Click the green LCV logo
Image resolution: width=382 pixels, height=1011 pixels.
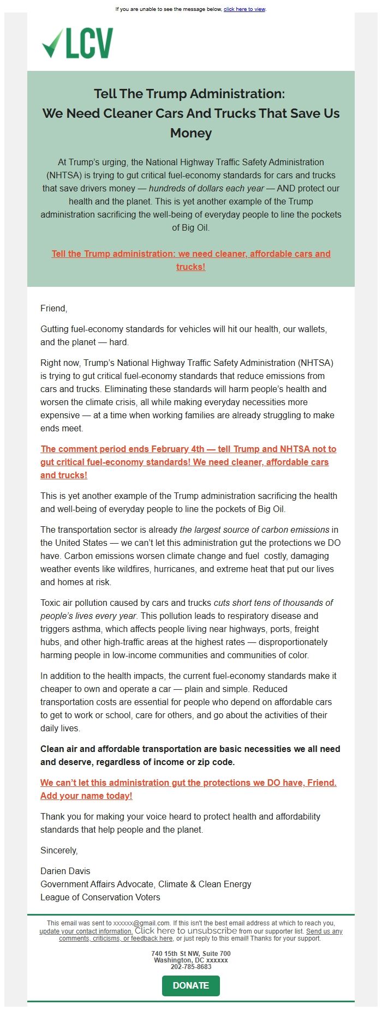(77, 43)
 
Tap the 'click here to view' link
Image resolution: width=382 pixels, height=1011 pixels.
(244, 9)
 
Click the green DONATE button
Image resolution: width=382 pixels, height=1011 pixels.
(190, 985)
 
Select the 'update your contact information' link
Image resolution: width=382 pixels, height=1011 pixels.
(86, 931)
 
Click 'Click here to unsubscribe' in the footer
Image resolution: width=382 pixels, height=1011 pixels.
(186, 931)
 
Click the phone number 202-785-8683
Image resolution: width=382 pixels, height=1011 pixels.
(190, 967)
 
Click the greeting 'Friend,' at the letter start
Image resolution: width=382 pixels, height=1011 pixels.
(53, 308)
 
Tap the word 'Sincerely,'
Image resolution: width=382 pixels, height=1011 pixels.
(59, 850)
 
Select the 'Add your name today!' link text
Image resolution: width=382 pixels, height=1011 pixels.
(86, 796)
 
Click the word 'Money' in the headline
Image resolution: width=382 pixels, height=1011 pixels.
(190, 133)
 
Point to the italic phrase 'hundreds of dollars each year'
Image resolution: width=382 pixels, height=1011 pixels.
(206, 188)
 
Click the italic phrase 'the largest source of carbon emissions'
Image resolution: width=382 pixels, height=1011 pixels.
(254, 529)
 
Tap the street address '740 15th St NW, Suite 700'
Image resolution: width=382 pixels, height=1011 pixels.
(190, 954)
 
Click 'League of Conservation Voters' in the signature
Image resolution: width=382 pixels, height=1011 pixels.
(100, 897)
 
